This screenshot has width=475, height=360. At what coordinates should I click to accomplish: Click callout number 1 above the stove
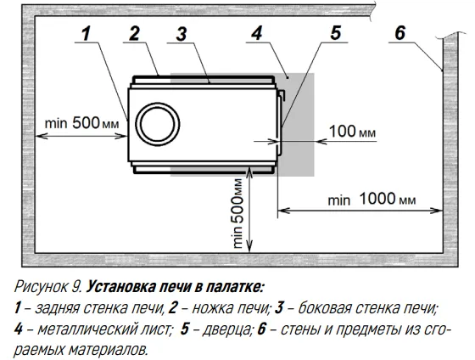click(87, 33)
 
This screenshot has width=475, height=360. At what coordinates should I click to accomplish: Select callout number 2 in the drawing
click(134, 33)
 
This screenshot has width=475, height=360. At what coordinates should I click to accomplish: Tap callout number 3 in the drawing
click(182, 34)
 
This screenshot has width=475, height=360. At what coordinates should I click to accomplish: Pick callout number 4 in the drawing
click(256, 33)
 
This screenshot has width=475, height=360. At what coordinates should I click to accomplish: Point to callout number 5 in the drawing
click(335, 33)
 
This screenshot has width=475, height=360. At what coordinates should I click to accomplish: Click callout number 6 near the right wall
click(400, 33)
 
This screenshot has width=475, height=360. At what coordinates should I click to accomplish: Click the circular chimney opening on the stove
click(158, 124)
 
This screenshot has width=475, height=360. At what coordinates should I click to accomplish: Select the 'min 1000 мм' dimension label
click(372, 200)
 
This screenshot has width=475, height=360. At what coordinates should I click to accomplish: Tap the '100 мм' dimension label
click(352, 132)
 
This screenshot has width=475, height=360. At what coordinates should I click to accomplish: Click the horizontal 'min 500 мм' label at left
click(81, 123)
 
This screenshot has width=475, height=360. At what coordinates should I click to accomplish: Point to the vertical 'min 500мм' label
click(237, 213)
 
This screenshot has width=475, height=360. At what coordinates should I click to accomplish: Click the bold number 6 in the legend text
click(262, 329)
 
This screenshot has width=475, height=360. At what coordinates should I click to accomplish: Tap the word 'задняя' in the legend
click(57, 308)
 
